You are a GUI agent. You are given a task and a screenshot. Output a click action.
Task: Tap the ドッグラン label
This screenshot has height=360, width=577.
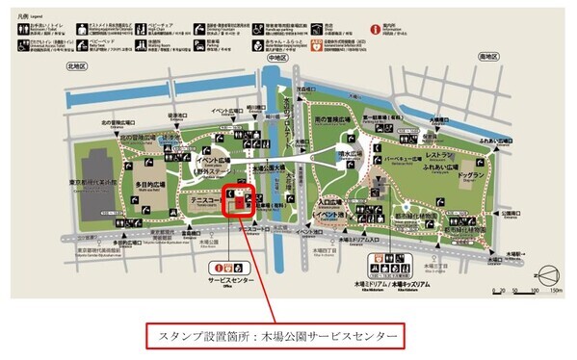tap(470, 176)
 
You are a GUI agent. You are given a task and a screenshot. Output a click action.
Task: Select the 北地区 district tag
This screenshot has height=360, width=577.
tap(78, 65)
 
